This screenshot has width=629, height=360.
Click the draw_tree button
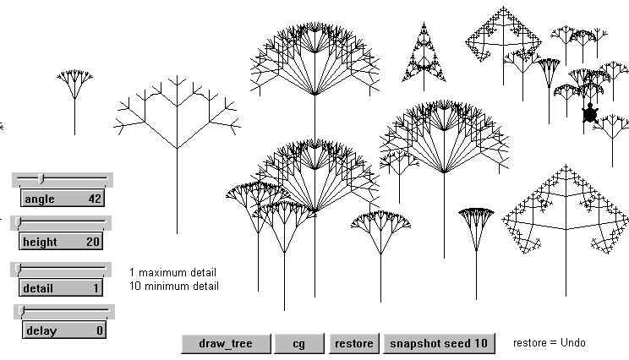(x=227, y=343)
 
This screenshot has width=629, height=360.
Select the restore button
(x=354, y=343)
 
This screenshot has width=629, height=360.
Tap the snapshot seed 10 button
(x=439, y=343)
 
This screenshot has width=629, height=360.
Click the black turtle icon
(x=590, y=114)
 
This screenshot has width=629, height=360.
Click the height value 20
(x=93, y=242)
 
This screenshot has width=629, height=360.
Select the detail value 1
(x=96, y=288)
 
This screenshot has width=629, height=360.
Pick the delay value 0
(x=99, y=330)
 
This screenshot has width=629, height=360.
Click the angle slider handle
(x=42, y=178)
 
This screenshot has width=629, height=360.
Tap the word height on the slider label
(x=41, y=242)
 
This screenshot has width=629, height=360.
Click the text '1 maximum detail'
(x=172, y=272)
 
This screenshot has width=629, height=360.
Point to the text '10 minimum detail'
(x=174, y=286)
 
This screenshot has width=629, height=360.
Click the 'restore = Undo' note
(x=549, y=342)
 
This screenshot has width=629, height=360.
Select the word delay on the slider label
(x=41, y=330)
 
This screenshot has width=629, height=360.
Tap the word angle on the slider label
(x=39, y=199)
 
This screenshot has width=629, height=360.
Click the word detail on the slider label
(x=38, y=288)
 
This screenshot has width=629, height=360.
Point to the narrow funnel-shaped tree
(x=476, y=228)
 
